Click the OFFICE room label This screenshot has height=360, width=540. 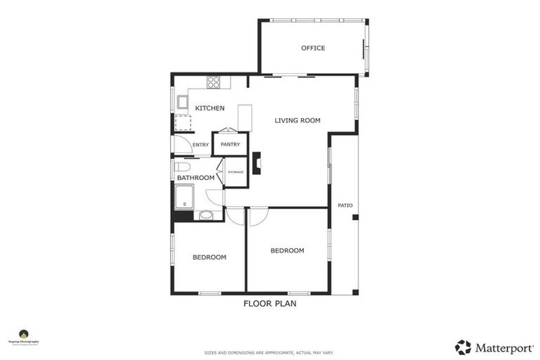tap(313, 48)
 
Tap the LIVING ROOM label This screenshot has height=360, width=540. tap(297, 120)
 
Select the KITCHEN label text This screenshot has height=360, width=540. tap(210, 108)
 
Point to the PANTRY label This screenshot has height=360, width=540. tap(230, 144)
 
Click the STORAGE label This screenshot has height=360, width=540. tap(236, 172)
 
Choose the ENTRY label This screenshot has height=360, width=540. tap(200, 145)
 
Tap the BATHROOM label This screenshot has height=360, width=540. tap(195, 178)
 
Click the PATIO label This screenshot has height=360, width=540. tap(345, 205)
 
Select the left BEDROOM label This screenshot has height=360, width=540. tap(210, 257)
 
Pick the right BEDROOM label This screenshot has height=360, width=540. tap(287, 250)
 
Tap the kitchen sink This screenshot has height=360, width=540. tap(181, 103)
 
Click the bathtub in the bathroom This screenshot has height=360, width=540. tap(185, 196)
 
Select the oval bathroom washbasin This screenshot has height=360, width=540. tap(207, 215)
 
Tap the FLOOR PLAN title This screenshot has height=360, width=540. tap(269, 304)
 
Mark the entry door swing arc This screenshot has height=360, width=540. tap(182, 144)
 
